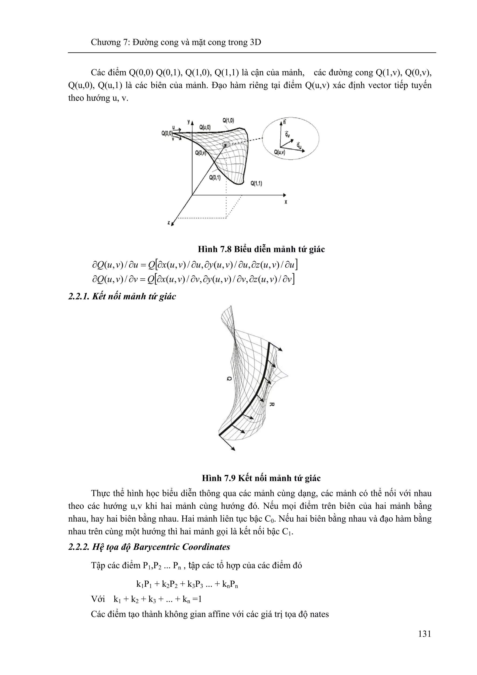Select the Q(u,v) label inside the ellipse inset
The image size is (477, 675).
[279, 152]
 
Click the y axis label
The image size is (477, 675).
[188, 121]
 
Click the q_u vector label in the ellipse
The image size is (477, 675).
[299, 145]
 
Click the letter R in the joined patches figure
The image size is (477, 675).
[272, 404]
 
